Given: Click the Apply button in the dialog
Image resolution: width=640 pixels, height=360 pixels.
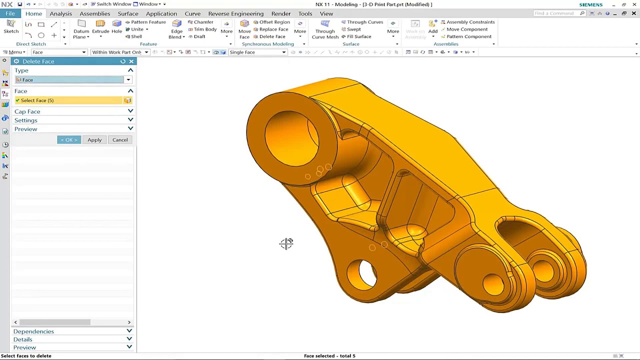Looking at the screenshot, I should (94, 140).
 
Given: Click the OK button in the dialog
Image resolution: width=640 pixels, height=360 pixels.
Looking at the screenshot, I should (68, 140).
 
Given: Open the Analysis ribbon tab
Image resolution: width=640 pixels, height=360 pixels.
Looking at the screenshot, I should (60, 13).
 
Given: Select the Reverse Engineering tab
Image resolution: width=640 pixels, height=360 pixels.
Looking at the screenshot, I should (235, 13).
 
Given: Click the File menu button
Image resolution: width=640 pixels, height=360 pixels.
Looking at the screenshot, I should (10, 13).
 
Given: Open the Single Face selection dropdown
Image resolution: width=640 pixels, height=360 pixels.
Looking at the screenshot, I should (257, 52).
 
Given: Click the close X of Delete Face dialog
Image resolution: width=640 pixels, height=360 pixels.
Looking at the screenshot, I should (131, 61).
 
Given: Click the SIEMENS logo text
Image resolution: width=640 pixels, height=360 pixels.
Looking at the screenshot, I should (590, 4).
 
